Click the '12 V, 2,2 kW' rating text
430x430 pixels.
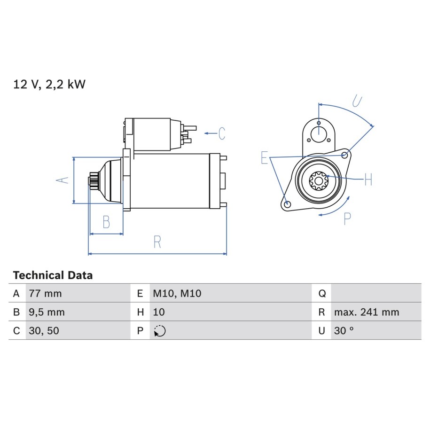click(49, 84)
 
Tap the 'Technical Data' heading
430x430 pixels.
click(53, 275)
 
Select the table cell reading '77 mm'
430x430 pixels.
click(45, 293)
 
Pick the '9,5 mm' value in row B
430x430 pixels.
click(47, 312)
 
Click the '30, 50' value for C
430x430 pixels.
click(44, 331)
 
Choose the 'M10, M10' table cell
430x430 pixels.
click(177, 293)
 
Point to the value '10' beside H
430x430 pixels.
click(159, 312)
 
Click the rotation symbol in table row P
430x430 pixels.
click(160, 331)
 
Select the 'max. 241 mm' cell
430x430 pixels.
click(367, 312)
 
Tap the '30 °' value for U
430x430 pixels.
click(344, 331)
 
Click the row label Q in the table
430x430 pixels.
click(322, 294)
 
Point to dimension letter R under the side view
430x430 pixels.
click(157, 242)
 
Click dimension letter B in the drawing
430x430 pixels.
click(106, 222)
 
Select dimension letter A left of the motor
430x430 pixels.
click(63, 180)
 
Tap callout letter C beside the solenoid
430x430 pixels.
click(222, 133)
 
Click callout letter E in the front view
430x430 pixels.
click(265, 157)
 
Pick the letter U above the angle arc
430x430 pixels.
click(357, 101)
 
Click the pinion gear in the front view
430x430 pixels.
click(319, 181)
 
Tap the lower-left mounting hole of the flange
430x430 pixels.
click(288, 204)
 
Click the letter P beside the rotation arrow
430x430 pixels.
click(347, 219)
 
